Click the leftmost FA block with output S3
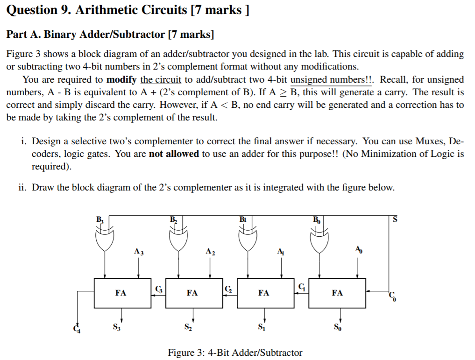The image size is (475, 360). [x=121, y=293]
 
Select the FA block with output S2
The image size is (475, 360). [x=192, y=293]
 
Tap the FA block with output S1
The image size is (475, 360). [x=263, y=293]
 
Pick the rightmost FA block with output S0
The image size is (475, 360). [x=337, y=293]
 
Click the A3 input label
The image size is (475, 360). [x=139, y=252]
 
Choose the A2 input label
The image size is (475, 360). [x=210, y=252]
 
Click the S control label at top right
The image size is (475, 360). [x=395, y=220]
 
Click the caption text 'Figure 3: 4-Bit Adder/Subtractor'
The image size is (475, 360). [x=235, y=353]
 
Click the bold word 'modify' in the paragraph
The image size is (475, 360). [x=121, y=79]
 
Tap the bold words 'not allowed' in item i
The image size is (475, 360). [x=174, y=154]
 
